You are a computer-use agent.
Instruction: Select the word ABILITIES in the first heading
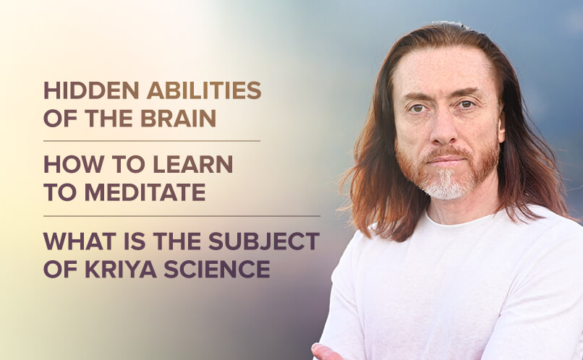pyautogui.click(x=204, y=90)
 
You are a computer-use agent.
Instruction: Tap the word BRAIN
pyautogui.click(x=178, y=119)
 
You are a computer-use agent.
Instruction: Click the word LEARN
pyautogui.click(x=192, y=164)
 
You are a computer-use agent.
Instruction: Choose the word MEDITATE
pyautogui.click(x=145, y=192)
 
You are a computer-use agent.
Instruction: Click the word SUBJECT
pyautogui.click(x=264, y=241)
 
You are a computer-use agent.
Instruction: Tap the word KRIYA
pyautogui.click(x=121, y=269)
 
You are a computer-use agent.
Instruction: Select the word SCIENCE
pyautogui.click(x=217, y=269)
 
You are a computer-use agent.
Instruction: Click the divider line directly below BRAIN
pyautogui.click(x=152, y=141)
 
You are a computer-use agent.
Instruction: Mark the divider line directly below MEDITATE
pyautogui.click(x=182, y=216)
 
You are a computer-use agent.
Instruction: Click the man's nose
pyautogui.click(x=443, y=128)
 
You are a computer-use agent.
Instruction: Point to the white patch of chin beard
pyautogui.click(x=445, y=184)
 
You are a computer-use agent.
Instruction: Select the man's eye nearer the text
pyautogui.click(x=417, y=108)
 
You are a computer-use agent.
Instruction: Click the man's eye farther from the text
pyautogui.click(x=467, y=104)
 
